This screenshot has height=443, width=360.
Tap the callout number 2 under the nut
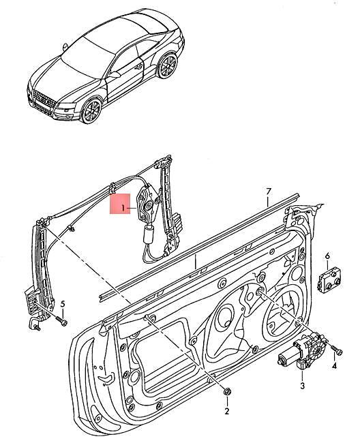pos(227,410)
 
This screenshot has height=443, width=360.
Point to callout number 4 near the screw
pos(334,367)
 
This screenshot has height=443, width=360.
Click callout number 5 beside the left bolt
pos(63,304)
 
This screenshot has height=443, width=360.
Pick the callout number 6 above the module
pos(327,256)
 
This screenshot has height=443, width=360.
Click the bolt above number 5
pos(62,318)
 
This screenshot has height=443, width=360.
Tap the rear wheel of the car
pos(167,65)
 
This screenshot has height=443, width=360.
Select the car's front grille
pos(40,102)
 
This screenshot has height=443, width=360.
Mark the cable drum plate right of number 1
pos(148,203)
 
